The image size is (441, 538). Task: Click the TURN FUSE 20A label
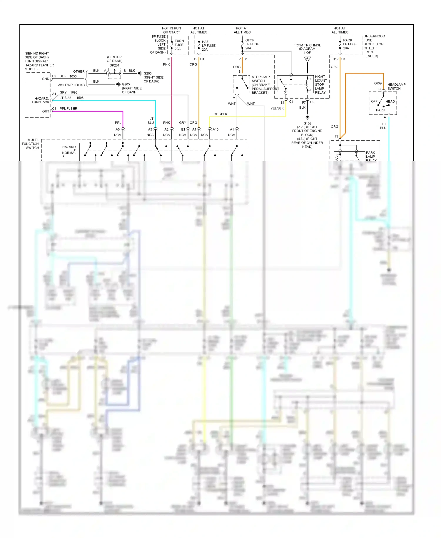click(179, 45)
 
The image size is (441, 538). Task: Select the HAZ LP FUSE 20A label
click(208, 46)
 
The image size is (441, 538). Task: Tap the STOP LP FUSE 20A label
click(252, 44)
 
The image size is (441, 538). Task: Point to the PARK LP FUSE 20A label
click(350, 44)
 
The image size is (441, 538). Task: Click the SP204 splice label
click(114, 65)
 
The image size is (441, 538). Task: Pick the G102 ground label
click(307, 123)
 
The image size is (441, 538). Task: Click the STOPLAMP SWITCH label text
click(260, 79)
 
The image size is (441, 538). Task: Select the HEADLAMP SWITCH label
click(396, 87)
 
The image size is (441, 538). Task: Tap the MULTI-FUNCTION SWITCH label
click(31, 144)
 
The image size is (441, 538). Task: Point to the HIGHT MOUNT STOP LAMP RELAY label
click(320, 84)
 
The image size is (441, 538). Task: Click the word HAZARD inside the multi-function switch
click(69, 147)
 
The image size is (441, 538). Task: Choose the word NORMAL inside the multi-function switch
click(69, 153)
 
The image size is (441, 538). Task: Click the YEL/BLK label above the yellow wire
click(220, 114)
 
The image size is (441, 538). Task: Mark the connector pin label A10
click(216, 129)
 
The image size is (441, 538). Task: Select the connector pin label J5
click(168, 59)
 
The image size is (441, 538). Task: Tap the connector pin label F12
click(194, 59)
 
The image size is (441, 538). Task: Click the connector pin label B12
click(335, 59)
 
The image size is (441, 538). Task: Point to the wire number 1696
click(74, 92)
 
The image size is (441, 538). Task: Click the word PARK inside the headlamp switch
click(380, 110)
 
